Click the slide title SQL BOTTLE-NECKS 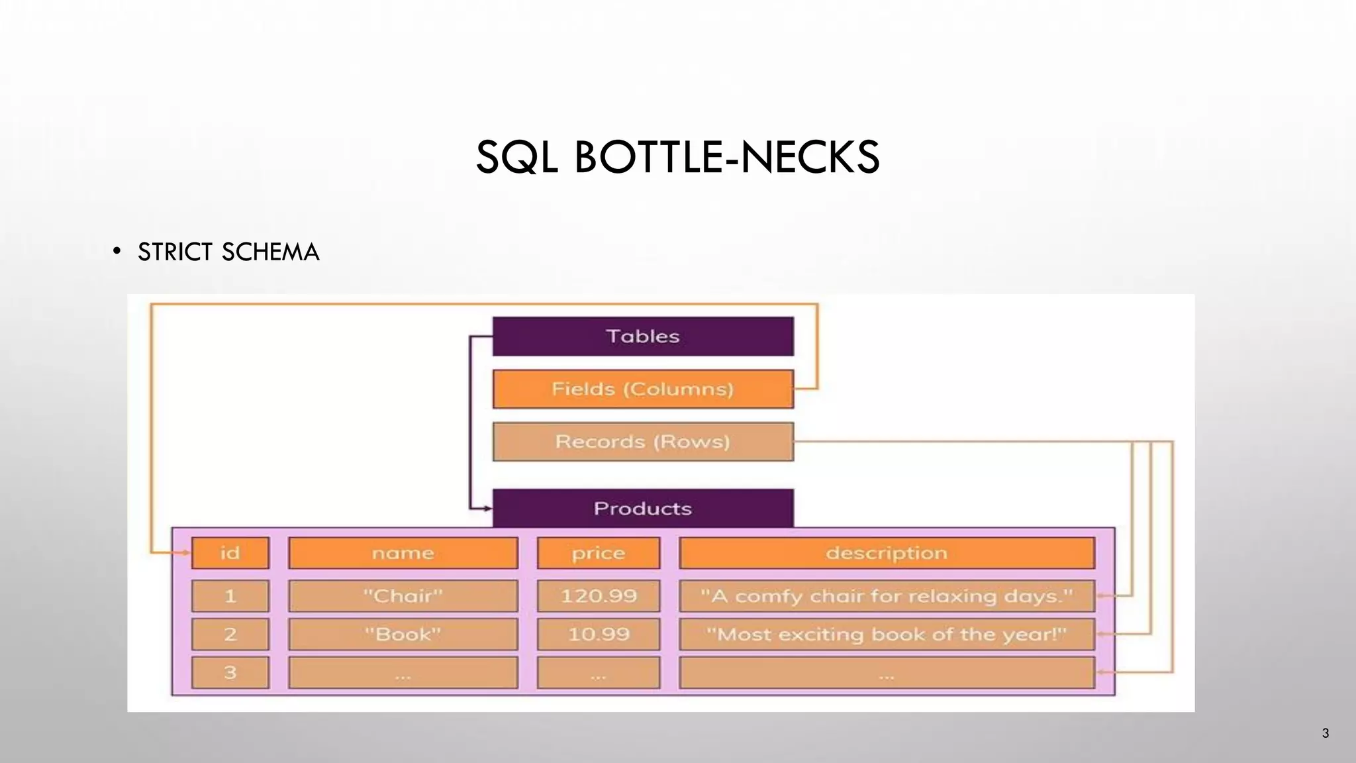[x=677, y=158]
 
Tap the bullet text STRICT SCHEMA [x=228, y=252]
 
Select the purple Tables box [x=643, y=336]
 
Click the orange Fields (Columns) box [x=643, y=389]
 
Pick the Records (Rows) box [x=643, y=442]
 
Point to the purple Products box [x=643, y=508]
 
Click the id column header [x=230, y=553]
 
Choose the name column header [x=403, y=553]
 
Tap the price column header [x=599, y=553]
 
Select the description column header [x=887, y=553]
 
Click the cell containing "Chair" [x=403, y=596]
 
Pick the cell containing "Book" [x=403, y=635]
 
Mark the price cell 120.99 [x=599, y=596]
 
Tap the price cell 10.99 [x=599, y=635]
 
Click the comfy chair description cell [x=887, y=596]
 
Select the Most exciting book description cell [x=887, y=635]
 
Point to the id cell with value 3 [x=230, y=673]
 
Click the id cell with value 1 [x=230, y=596]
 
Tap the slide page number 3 [x=1325, y=733]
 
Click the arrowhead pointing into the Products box [x=488, y=509]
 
